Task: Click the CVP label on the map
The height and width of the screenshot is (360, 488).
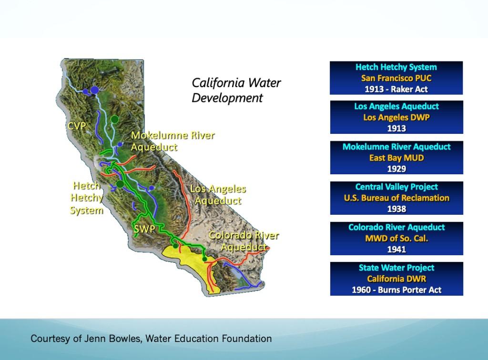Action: [76, 127]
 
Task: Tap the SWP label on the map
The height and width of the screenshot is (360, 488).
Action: [144, 230]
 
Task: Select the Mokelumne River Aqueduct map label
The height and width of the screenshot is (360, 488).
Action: [173, 141]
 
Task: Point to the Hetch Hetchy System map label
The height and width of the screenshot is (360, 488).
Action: [86, 198]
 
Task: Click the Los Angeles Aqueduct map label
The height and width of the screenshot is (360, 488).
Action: [218, 195]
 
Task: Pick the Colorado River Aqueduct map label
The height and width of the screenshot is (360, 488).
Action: [244, 241]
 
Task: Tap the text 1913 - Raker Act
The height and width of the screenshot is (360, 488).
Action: [396, 89]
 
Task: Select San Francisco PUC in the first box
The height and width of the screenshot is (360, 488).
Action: [396, 78]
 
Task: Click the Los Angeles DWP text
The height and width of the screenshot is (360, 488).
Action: [396, 118]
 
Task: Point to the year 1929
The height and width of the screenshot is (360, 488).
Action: [396, 169]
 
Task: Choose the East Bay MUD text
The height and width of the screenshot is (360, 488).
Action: [396, 158]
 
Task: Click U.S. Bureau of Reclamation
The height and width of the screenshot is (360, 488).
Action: [396, 198]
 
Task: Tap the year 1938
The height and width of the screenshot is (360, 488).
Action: [396, 209]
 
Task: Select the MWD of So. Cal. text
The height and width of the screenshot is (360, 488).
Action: [396, 239]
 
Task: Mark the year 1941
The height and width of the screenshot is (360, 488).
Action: [396, 250]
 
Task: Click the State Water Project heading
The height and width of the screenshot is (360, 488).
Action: [396, 268]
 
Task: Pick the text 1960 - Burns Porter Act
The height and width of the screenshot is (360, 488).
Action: [396, 290]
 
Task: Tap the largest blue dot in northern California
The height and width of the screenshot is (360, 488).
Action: [95, 90]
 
